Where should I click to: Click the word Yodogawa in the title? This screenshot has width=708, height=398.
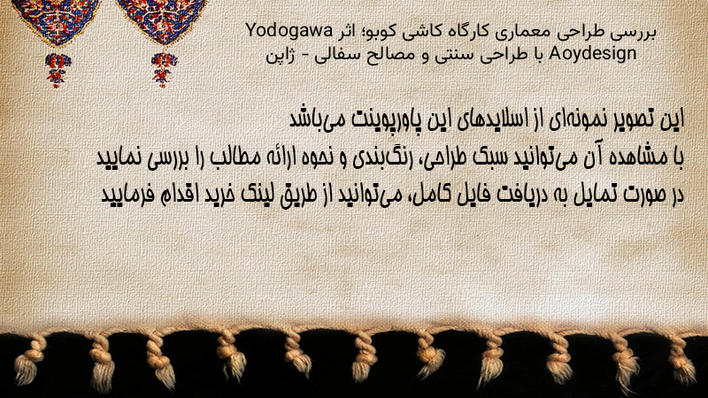[x=289, y=32]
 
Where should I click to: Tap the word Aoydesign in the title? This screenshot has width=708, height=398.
[x=593, y=54]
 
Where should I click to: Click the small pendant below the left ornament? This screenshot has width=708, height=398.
[x=58, y=71]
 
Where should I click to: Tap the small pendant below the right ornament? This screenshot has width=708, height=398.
[x=164, y=71]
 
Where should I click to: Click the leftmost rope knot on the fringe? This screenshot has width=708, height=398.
[x=28, y=361]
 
